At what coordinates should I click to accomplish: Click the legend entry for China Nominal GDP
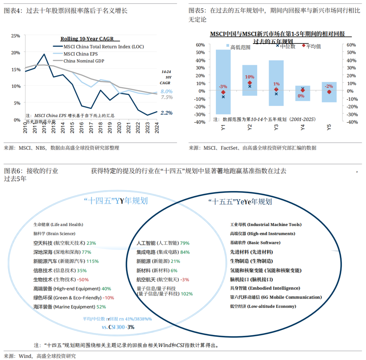click(84, 61)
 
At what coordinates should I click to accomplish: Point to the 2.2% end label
click(167, 113)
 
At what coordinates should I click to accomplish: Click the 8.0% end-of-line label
click(167, 91)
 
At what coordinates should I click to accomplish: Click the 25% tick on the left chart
click(16, 36)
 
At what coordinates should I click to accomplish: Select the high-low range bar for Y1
click(223, 81)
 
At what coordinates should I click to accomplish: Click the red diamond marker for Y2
click(250, 83)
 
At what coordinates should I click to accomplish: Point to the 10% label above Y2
click(249, 77)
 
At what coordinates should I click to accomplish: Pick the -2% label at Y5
click(329, 86)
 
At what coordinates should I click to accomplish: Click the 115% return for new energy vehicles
click(93, 261)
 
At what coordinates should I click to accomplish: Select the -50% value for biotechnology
click(83, 280)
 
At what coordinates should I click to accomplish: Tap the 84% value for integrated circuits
click(185, 252)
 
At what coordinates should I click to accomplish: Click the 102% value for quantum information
click(187, 293)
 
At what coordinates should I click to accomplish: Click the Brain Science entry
click(54, 233)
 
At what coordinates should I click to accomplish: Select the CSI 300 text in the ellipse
click(116, 327)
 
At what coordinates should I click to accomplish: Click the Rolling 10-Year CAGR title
click(87, 39)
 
